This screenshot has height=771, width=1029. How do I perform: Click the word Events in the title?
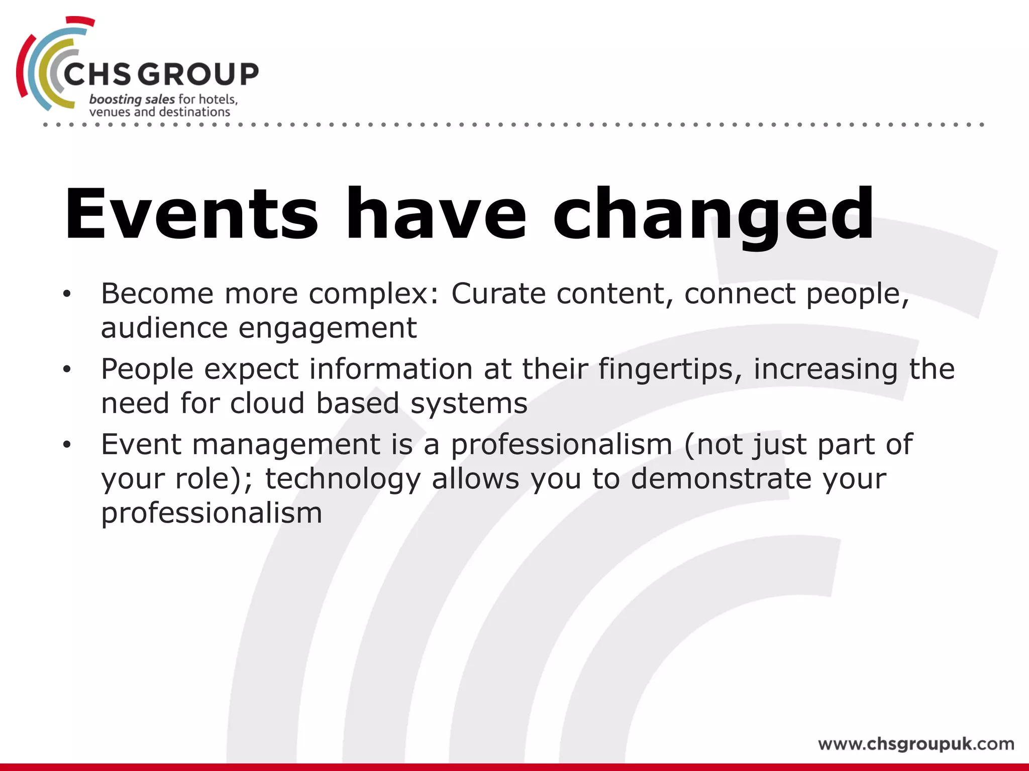coord(191,215)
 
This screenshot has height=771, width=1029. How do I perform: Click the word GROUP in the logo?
coord(198,74)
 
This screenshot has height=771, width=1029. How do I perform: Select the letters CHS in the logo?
coord(96,74)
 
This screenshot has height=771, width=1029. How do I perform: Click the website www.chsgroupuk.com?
coord(915,743)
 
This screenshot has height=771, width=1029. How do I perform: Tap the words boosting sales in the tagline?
coord(132,99)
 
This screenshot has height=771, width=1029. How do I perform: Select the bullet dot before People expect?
coord(67,370)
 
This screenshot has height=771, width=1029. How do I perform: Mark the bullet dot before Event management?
coord(67,445)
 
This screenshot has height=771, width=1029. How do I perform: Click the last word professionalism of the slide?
coord(212,513)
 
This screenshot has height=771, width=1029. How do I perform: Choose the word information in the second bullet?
coord(390,369)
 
